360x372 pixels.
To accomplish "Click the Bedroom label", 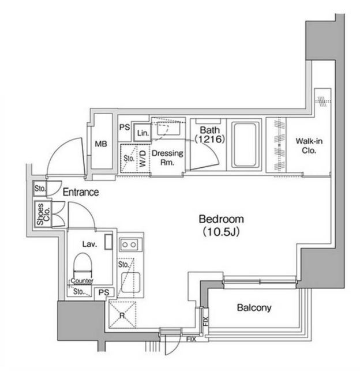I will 222,219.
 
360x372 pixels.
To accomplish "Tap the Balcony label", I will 254,308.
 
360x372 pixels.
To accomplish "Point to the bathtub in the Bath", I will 244,144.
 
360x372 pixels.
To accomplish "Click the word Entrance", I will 81,193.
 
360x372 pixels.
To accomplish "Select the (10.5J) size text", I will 222,231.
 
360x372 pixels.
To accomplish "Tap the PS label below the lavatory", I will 103,292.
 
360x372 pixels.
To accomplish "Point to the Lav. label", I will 89,244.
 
